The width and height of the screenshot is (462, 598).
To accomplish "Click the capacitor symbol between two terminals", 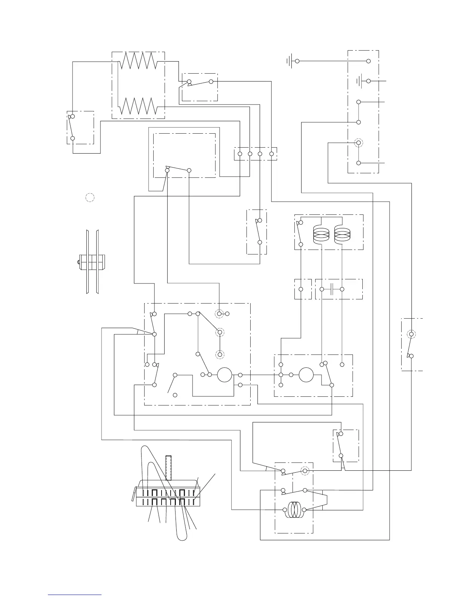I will tap(332, 289).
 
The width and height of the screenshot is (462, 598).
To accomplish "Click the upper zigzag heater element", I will tap(137, 60).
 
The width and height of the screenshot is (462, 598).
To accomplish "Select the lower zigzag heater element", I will tap(137, 106).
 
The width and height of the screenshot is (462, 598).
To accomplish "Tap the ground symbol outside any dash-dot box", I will tap(290, 61).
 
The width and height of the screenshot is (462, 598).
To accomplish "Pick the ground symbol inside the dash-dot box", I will tap(360, 81).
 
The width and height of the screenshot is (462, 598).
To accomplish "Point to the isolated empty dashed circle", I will tap(89, 197).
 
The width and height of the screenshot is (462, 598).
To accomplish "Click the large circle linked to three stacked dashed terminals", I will tap(224, 375).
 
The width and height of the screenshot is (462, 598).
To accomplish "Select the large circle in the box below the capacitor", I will tap(306, 375).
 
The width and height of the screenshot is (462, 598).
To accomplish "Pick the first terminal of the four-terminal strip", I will tap(240, 154).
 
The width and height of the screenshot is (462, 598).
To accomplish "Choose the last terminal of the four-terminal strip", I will tap(271, 154).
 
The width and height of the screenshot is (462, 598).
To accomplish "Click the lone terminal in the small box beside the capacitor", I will tap(301, 289).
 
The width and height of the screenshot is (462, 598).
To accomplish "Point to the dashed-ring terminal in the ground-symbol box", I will tap(358, 143).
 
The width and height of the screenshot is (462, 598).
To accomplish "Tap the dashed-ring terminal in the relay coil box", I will tap(305, 471).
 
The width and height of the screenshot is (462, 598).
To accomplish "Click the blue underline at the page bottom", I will tap(75, 595).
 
